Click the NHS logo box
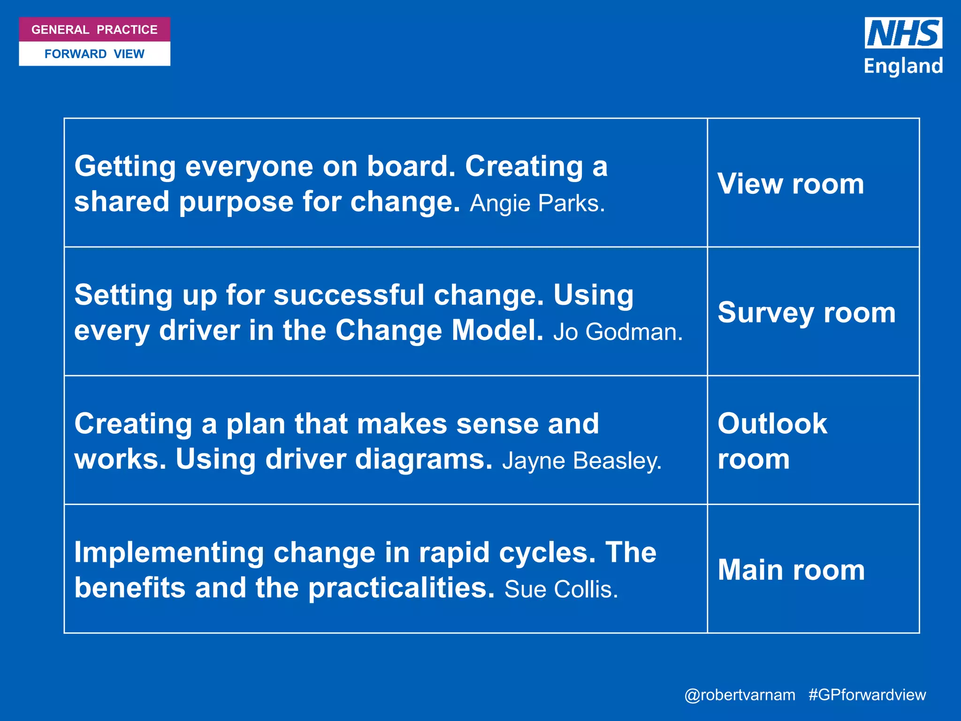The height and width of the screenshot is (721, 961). point(903,33)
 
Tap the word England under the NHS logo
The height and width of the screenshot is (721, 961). point(903,66)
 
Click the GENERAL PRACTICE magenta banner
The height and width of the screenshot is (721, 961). point(94,30)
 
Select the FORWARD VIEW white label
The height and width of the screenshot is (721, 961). point(94,54)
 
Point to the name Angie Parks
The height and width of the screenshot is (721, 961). point(537,204)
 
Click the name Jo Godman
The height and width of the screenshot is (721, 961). point(618,332)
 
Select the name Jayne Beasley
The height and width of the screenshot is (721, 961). point(581,461)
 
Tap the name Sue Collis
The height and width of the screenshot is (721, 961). point(561,590)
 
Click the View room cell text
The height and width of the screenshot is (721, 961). point(791,184)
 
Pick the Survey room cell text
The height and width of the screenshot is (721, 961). point(807,313)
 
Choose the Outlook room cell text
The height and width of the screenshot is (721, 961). point(772,441)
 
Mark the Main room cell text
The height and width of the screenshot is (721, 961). point(791,570)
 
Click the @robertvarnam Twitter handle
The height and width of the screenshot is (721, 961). point(740,695)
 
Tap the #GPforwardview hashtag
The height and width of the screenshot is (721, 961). point(867,695)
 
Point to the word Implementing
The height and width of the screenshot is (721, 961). point(169,553)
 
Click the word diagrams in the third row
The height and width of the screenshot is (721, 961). point(424,460)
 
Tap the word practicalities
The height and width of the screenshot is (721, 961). point(401,588)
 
